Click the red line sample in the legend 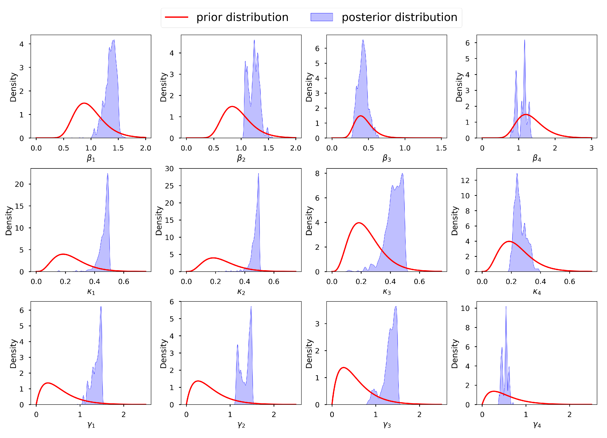[176, 17]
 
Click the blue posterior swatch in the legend [322, 17]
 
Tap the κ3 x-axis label [386, 292]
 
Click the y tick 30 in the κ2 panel [169, 169]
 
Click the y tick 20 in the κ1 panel [19, 184]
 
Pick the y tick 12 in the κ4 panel [465, 181]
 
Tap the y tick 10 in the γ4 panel [465, 309]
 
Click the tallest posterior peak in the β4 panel [524, 40]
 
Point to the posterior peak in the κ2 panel [258, 174]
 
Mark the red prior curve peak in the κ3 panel [359, 223]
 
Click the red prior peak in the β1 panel [84, 103]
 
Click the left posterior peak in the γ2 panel [237, 345]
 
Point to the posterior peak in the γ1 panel [101, 307]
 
